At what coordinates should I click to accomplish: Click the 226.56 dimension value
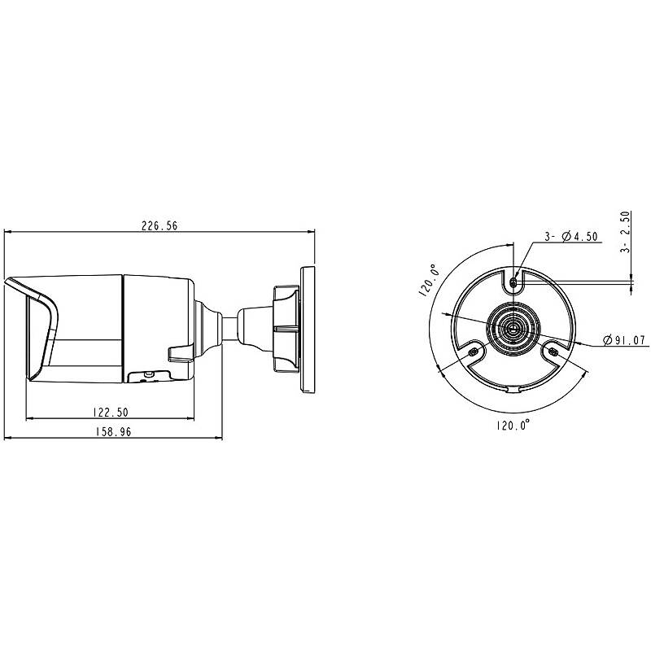(159, 226)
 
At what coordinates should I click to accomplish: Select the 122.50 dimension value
(111, 413)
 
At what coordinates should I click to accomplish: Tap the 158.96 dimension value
(113, 432)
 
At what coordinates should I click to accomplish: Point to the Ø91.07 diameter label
(624, 340)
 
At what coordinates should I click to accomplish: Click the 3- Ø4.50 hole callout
(571, 236)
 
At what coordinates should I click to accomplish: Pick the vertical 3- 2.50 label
(625, 232)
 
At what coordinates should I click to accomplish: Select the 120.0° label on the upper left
(429, 280)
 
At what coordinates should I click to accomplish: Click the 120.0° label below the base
(513, 425)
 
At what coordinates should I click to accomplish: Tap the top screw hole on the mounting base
(513, 282)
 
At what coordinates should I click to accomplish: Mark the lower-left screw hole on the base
(472, 352)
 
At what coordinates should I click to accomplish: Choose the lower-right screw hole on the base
(553, 352)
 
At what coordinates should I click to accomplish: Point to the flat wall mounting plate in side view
(308, 330)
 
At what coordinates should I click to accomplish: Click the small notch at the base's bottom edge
(513, 390)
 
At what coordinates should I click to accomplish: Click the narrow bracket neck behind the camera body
(229, 329)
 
